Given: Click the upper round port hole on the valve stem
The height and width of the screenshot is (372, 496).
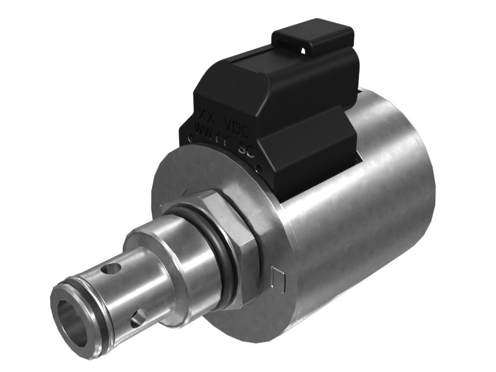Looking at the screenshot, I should coord(112,269).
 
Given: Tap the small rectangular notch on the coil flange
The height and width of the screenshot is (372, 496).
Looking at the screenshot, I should coord(278,280).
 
